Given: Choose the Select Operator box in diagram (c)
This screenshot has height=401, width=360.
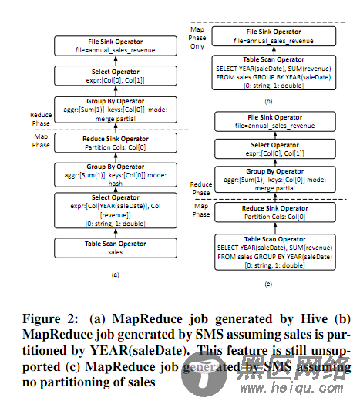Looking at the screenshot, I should tap(271, 148).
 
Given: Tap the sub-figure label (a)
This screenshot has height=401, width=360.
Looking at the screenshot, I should tap(114, 275).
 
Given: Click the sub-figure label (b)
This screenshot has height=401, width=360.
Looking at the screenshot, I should tap(267, 100).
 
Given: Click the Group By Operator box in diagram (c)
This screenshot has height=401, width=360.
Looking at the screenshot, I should tap(271, 177).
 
